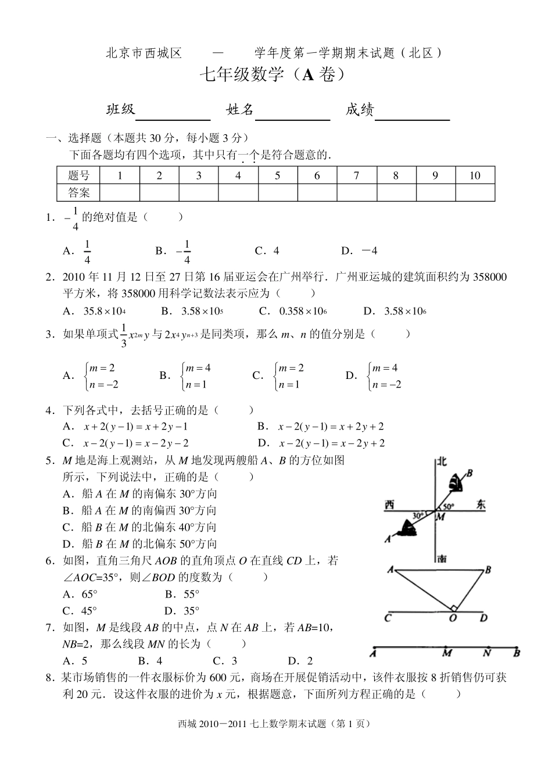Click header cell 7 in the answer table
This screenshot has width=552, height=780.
[x=356, y=176]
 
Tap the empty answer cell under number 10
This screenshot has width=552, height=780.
[x=475, y=192]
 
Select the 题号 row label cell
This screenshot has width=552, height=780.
[x=78, y=176]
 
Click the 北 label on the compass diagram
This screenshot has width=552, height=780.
[x=442, y=462]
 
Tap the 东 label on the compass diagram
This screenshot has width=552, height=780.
[x=480, y=505]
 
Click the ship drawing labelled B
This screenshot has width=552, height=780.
[x=457, y=481]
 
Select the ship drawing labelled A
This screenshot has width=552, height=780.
[x=407, y=527]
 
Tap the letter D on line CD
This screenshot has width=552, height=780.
[x=483, y=618]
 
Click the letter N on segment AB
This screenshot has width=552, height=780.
[x=488, y=653]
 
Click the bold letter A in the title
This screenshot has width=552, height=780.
[x=308, y=74]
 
